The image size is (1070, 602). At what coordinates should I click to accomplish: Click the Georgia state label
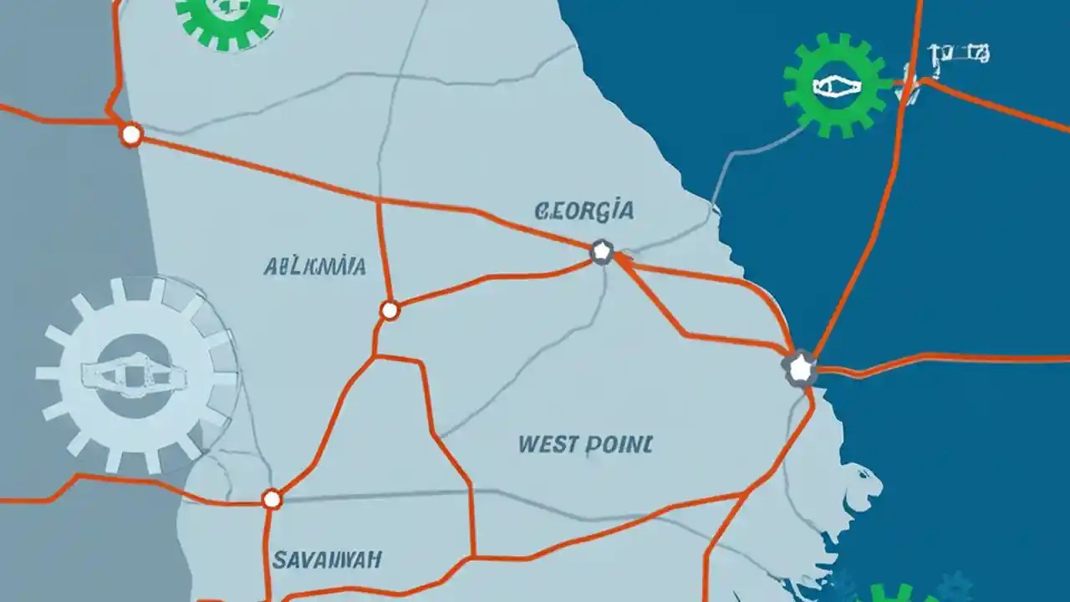point(583,210)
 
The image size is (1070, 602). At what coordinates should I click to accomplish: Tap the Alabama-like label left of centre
point(314,267)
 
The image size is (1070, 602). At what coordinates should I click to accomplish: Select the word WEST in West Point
point(548,443)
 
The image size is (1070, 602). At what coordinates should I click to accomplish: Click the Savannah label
point(328,559)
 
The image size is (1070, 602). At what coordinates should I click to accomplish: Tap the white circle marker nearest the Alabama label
point(390,310)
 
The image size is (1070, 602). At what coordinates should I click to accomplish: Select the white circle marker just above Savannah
point(272,499)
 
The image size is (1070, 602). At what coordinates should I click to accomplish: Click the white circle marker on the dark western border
point(131,134)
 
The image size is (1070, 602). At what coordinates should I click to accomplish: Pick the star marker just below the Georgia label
point(602,251)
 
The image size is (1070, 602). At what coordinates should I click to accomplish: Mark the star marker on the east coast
point(800,367)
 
